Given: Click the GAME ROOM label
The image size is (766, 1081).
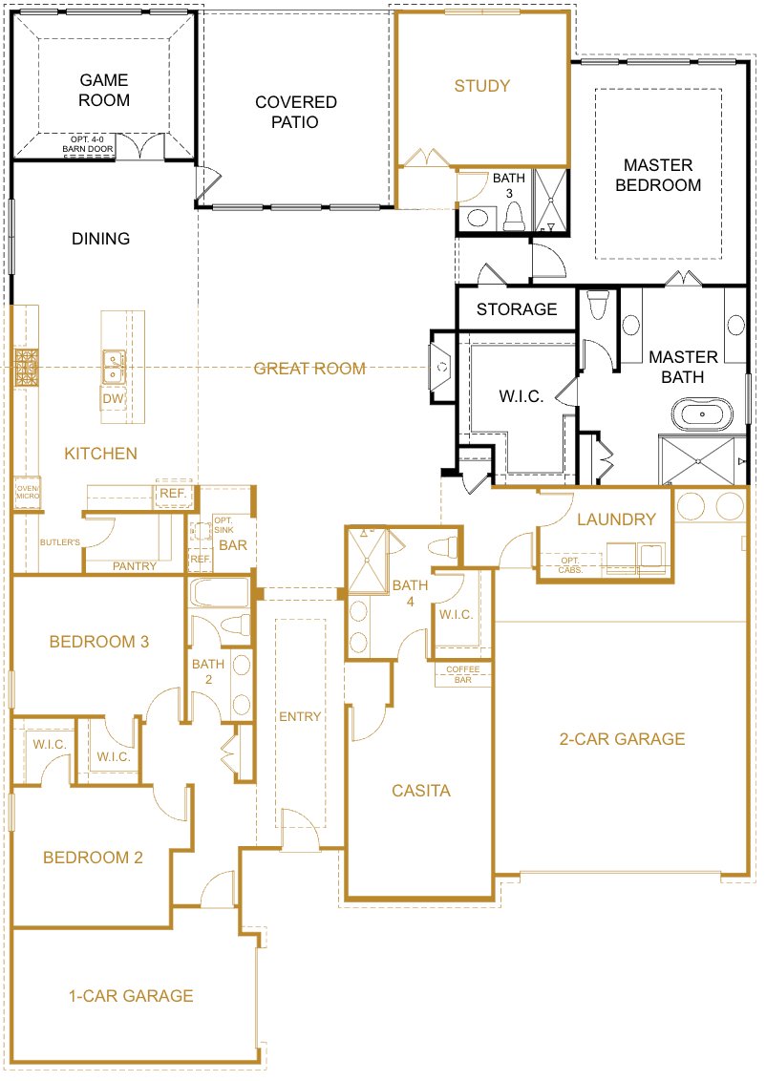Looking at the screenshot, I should coord(104,90).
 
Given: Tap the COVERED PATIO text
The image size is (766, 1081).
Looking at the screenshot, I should coord(295,112).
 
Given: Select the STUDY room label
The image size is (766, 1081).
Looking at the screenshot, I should coord(481,86).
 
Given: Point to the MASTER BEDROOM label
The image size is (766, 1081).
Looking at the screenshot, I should coord(657,175).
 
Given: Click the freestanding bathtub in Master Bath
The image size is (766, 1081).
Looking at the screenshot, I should coord(702,414).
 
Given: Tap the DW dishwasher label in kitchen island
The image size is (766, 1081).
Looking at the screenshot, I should coord(113,398).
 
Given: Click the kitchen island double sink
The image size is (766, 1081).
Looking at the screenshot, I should coord(115,362).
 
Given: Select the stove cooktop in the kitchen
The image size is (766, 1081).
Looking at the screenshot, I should coord(25,367).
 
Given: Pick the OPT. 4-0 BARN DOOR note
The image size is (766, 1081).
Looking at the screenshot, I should coord(90,144).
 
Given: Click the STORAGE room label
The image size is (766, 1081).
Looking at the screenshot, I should coord(516,309).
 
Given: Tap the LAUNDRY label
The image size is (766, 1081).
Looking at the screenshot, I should coord(616,519).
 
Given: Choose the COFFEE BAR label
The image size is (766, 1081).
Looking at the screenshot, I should coord(463,674).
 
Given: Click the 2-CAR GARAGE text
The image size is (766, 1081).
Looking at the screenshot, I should coord(622,738).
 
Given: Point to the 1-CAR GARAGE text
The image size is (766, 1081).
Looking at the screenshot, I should coord(131,995).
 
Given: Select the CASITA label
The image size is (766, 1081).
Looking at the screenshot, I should coord(420,791).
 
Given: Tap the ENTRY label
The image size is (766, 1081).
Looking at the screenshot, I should coord(300,716).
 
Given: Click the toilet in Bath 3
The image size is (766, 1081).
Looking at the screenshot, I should coord(513,218).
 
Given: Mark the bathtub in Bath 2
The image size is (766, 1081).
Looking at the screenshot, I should coord(219,593).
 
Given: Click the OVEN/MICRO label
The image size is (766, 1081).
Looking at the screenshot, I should coord(26,493).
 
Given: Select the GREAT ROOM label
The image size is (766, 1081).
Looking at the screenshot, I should coord(309,368).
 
